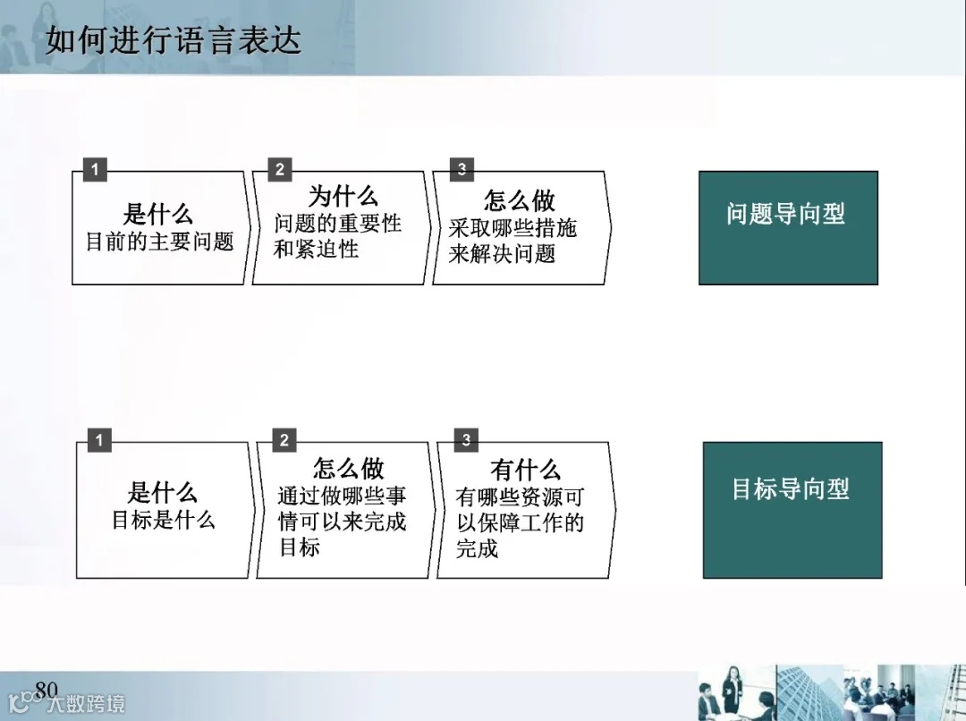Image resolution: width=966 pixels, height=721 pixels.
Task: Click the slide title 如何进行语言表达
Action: [x=174, y=41]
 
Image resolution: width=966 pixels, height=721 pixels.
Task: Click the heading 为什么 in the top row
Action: [x=343, y=197]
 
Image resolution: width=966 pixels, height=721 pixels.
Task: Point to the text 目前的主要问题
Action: [x=159, y=242]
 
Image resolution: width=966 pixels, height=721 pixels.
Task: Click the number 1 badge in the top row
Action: [x=95, y=170]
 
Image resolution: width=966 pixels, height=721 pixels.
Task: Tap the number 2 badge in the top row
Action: [x=280, y=170]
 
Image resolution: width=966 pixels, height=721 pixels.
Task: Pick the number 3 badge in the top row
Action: [x=462, y=170]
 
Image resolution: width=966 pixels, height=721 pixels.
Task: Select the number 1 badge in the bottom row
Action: [x=99, y=440]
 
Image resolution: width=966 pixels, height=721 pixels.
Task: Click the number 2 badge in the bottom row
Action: [x=284, y=440]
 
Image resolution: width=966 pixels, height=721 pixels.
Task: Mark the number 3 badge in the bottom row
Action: [x=466, y=440]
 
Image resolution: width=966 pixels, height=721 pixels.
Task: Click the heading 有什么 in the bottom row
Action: [x=526, y=469]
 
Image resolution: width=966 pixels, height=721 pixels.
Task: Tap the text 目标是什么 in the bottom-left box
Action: [x=164, y=519]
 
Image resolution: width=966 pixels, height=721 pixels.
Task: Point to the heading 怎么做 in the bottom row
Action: [x=349, y=468]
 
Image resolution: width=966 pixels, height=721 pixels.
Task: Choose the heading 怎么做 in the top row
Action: [x=520, y=199]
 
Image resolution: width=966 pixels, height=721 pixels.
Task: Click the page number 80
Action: [x=46, y=688]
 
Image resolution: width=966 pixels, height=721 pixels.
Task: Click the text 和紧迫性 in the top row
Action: [x=316, y=249]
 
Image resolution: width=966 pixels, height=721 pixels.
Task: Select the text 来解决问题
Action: [x=502, y=254]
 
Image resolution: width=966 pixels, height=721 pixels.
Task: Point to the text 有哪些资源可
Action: [x=520, y=496]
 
